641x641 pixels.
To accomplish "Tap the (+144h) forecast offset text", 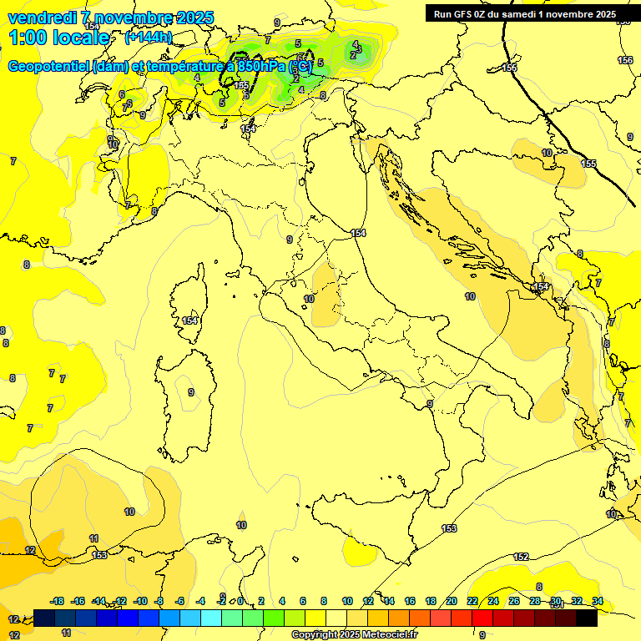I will click(148, 38).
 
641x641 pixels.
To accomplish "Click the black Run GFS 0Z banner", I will click(524, 13).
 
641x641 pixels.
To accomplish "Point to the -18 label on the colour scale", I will click(57, 601).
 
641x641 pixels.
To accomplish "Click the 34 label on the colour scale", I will click(598, 601).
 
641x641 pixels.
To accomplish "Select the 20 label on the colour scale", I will click(452, 601).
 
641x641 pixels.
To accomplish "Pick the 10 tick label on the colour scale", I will click(347, 601).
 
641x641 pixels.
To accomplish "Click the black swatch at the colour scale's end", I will click(587, 618).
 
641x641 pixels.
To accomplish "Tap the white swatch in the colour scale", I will click(336, 618).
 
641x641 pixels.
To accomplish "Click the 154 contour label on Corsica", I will click(190, 320).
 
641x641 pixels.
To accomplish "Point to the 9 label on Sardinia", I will click(191, 392).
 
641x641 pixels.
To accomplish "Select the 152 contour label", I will click(521, 557).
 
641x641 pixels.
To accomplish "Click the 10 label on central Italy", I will click(309, 299).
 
